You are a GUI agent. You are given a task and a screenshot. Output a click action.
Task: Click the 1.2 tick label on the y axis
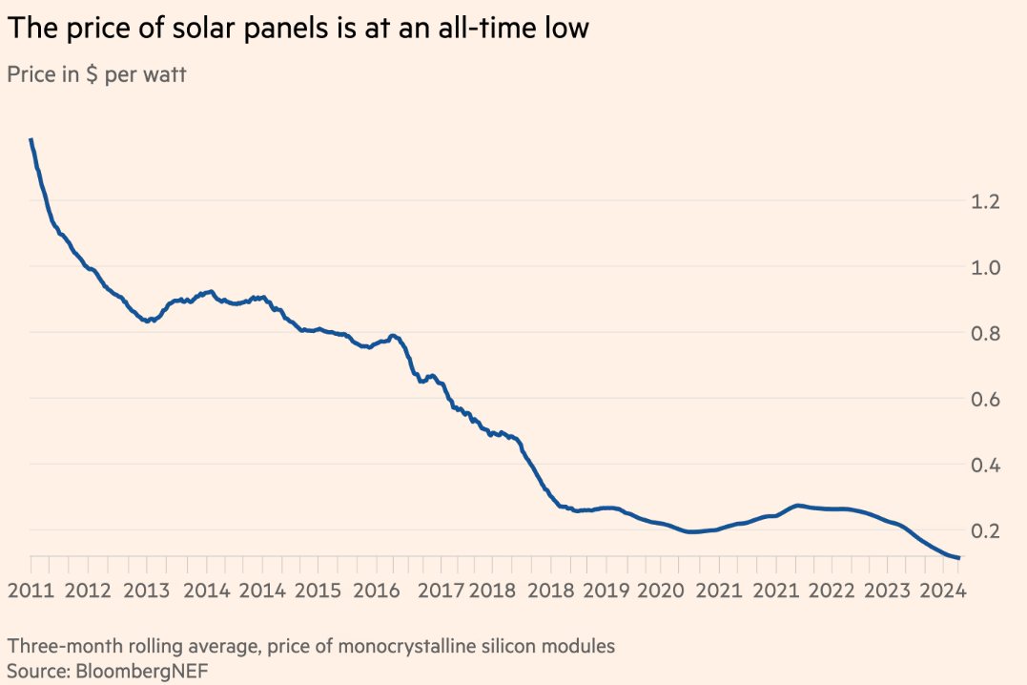click(985, 201)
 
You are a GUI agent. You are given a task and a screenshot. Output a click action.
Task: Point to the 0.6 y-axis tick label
click(985, 399)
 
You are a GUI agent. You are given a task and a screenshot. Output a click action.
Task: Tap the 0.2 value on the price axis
click(985, 530)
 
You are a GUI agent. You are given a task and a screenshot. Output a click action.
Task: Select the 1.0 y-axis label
click(985, 267)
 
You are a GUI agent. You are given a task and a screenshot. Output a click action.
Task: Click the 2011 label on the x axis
click(31, 590)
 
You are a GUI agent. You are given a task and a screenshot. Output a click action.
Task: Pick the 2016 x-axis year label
click(377, 590)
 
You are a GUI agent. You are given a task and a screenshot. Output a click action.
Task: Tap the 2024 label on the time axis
click(944, 590)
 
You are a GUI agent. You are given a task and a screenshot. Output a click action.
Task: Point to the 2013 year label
click(148, 590)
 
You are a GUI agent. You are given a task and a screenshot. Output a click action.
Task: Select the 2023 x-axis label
click(888, 590)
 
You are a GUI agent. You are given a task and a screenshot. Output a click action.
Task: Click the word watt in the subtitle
click(164, 75)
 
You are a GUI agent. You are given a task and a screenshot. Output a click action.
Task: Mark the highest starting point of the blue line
click(31, 140)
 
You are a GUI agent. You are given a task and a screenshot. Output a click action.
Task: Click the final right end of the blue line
click(957, 558)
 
